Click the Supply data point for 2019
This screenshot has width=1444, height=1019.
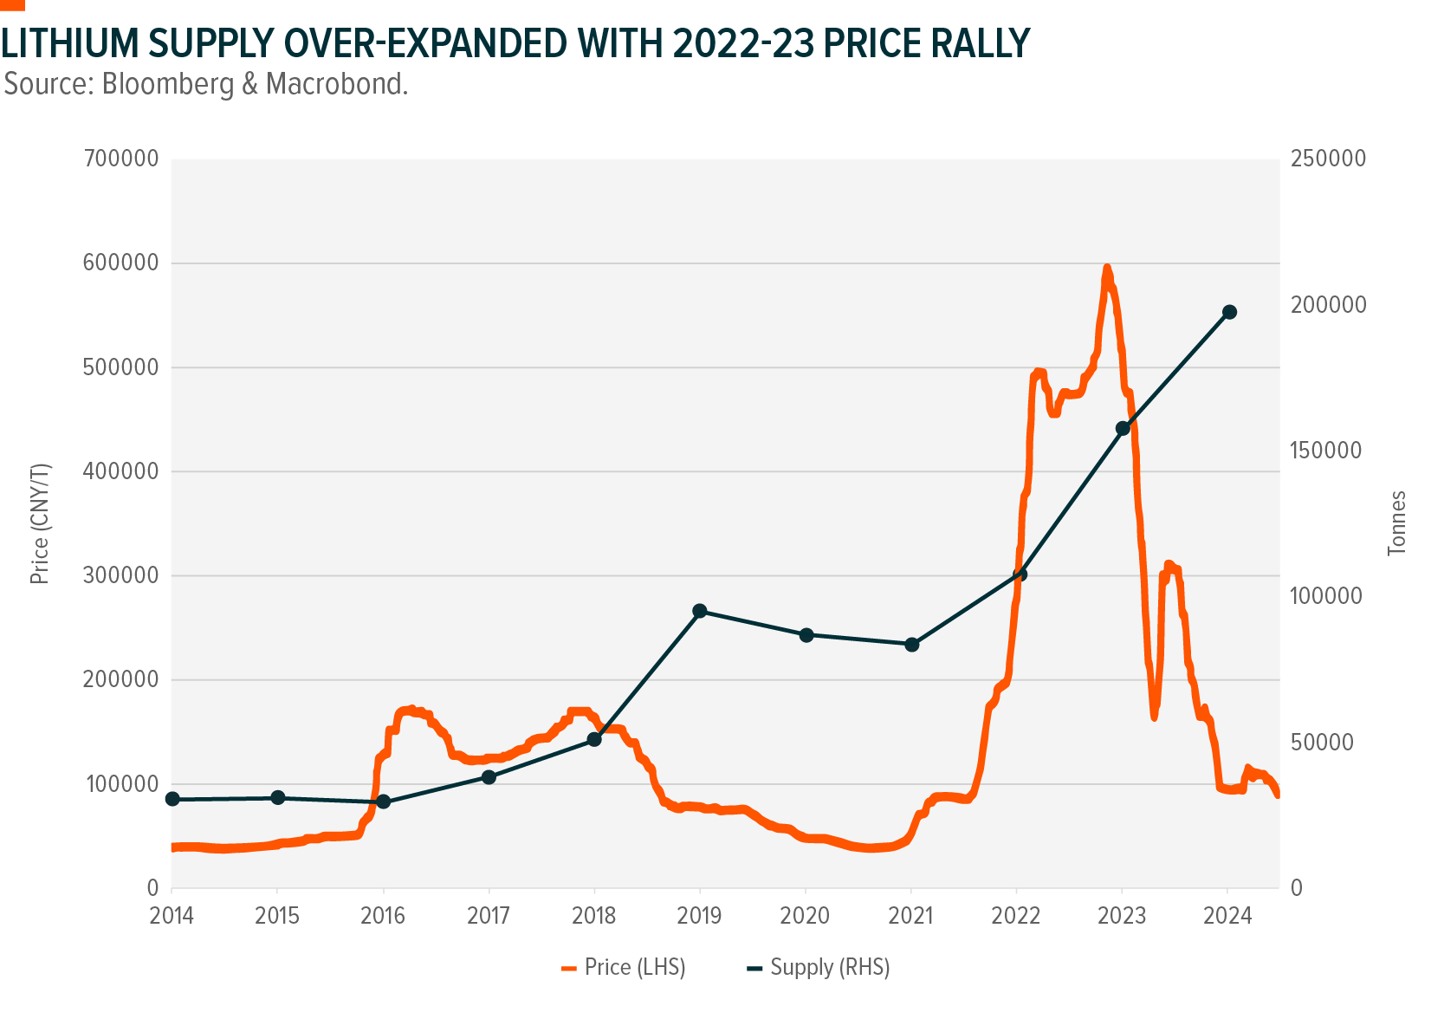[700, 611]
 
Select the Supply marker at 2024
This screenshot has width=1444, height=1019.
[1228, 312]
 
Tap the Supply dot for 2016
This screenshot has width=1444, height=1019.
[384, 802]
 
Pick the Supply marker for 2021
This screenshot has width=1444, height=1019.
[911, 644]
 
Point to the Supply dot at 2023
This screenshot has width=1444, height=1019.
[1123, 428]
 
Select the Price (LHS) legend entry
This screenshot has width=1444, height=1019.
[624, 967]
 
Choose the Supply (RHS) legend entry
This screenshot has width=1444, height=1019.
[819, 967]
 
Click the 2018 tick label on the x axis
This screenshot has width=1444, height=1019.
[594, 916]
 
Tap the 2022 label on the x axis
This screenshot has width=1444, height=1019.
[1016, 916]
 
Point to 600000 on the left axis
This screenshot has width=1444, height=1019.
[121, 263]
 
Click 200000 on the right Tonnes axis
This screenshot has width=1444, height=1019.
[1328, 305]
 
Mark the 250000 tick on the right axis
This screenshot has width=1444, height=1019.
[1328, 159]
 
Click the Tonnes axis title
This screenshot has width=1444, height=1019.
[1397, 522]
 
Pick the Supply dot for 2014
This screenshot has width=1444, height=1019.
[172, 799]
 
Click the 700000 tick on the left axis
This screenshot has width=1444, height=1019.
[121, 159]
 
